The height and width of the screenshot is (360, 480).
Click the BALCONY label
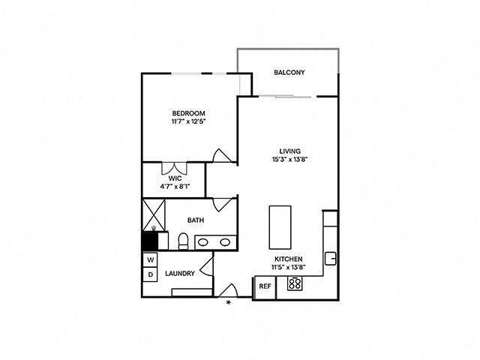pos(289,73)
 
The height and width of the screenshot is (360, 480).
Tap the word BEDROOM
pos(188,113)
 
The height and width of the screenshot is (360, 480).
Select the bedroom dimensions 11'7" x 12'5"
pos(188,121)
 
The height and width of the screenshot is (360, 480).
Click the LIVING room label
pos(285,150)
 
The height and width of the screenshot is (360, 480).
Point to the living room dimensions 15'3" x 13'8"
pos(285,158)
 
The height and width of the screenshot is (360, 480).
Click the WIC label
pos(175,178)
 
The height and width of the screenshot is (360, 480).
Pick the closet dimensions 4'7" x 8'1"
pos(175,187)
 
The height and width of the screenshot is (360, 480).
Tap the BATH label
pos(196,220)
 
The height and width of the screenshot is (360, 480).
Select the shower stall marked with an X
pos(154,213)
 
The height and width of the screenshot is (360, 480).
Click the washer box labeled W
pos(150,259)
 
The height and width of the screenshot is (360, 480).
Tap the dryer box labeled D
pos(150,274)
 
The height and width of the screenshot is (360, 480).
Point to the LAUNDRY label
pos(180,274)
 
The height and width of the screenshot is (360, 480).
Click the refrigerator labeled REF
pos(264,286)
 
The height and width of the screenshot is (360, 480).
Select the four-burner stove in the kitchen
pos(295,284)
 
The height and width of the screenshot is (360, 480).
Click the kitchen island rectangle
pos(280,228)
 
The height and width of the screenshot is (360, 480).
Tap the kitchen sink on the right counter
pos(330,258)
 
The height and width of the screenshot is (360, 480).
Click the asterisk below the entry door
pos(229,304)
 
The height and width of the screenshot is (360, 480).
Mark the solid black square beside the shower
pos(150,241)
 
